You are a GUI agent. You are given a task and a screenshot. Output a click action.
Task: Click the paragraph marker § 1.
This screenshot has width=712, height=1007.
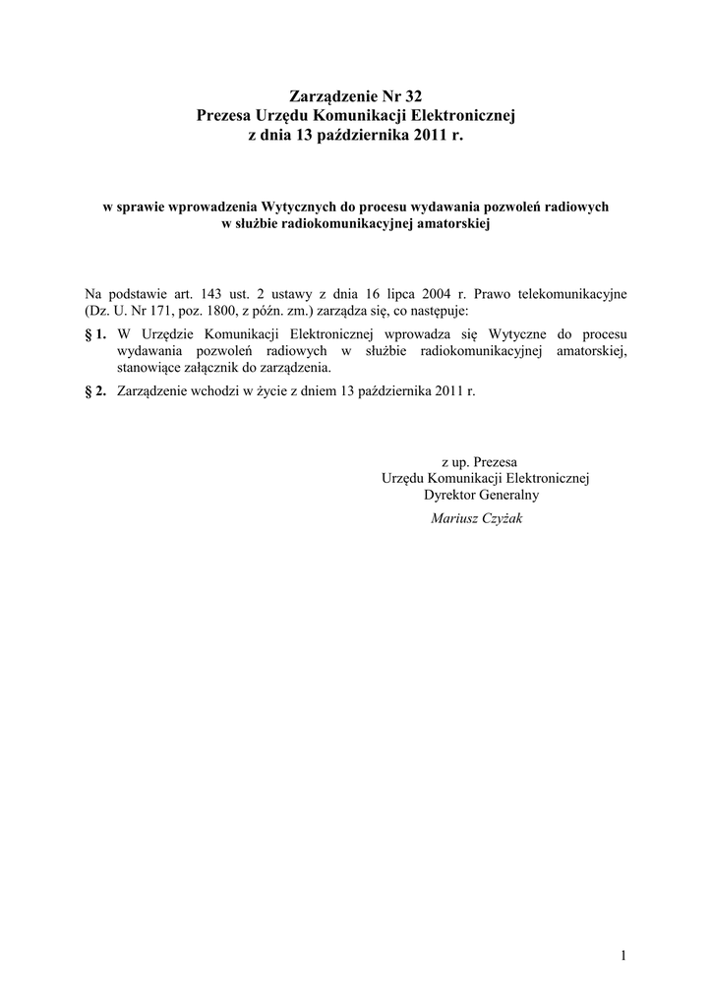tap(95, 334)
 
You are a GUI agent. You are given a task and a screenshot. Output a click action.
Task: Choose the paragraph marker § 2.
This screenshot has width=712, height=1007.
tap(95, 391)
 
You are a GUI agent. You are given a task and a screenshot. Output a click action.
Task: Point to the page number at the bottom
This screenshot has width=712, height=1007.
tap(623, 954)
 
